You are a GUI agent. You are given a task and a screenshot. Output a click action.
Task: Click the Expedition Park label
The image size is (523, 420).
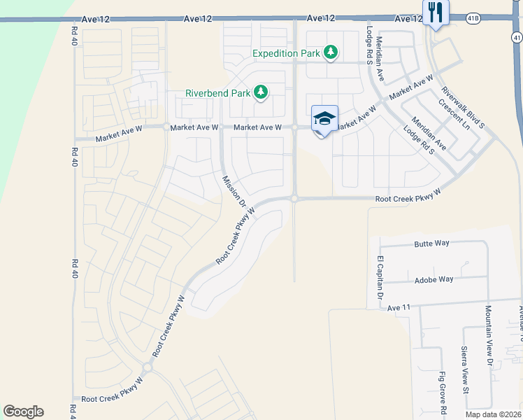click(x=285, y=53)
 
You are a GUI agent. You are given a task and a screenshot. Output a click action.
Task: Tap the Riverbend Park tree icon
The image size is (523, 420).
click(x=261, y=92)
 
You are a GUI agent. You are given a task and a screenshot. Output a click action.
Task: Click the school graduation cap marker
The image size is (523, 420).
click(x=324, y=118)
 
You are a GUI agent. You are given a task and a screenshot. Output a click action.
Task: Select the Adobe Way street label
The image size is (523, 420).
click(x=435, y=279)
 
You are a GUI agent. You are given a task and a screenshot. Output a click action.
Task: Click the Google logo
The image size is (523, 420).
click(x=23, y=412)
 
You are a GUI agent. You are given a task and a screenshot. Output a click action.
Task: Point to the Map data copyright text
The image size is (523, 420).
click(x=492, y=413)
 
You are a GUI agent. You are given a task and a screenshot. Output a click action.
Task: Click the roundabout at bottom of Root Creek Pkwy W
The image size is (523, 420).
click(x=147, y=367)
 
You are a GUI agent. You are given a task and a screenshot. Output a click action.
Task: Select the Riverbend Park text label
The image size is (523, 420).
click(x=218, y=93)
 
